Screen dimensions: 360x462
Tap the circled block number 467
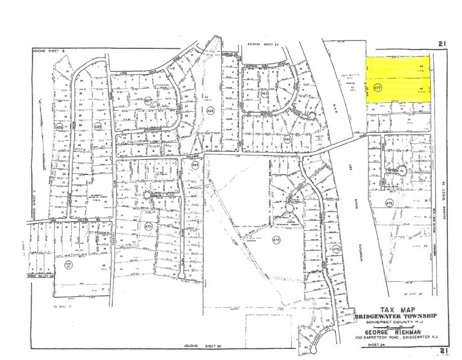tap(148, 100)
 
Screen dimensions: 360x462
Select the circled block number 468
tap(210, 110)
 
